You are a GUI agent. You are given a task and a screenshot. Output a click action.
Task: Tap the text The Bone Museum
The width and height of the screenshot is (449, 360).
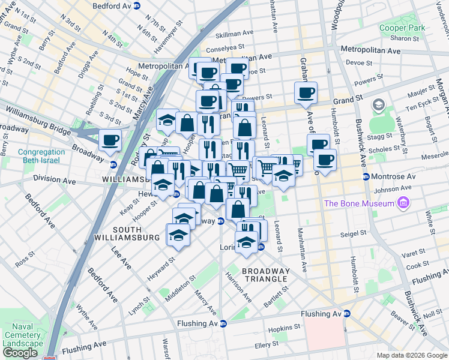click(359, 203)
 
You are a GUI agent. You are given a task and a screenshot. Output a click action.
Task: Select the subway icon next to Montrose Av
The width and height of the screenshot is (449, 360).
click(366, 176)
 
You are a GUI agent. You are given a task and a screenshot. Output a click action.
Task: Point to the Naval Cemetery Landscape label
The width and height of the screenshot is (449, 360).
click(22, 335)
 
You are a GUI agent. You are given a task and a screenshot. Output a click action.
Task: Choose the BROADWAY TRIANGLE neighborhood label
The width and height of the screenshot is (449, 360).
click(265, 275)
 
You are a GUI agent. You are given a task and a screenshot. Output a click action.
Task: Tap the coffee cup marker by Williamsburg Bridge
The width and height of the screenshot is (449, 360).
click(110, 140)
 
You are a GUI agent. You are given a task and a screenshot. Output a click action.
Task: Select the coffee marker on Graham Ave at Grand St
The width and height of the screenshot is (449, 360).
click(306, 92)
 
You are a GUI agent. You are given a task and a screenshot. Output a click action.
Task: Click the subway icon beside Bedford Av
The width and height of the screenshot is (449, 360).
click(137, 5)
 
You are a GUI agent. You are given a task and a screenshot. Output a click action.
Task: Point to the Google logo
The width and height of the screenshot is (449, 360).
click(19, 353)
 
